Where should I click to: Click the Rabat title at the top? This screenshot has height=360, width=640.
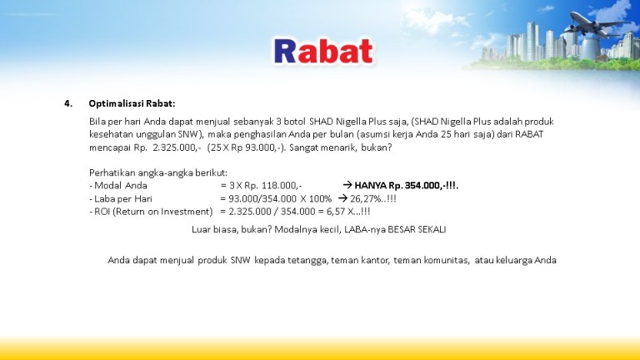[x=323, y=51]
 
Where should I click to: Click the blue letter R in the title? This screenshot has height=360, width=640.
[x=285, y=51]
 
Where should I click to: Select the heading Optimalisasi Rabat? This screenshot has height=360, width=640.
[x=132, y=103]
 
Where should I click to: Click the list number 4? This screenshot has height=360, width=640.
[x=68, y=103]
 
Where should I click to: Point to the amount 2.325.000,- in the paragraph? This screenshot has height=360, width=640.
[x=177, y=147]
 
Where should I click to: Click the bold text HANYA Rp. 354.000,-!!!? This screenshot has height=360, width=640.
[x=407, y=186]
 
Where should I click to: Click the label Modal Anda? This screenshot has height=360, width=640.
[x=120, y=186]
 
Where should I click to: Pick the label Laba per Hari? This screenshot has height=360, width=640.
[x=122, y=199]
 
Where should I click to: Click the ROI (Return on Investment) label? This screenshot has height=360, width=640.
[x=153, y=212]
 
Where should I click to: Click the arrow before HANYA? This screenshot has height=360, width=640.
[x=347, y=185]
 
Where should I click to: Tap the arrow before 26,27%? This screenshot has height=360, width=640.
[x=342, y=198]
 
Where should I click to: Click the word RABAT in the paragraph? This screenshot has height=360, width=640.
[x=529, y=134]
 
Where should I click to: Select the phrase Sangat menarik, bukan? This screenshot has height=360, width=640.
[x=340, y=147]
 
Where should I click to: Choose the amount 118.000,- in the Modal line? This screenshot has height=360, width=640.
[x=282, y=186]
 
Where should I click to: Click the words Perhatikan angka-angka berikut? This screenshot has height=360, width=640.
[x=158, y=172]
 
